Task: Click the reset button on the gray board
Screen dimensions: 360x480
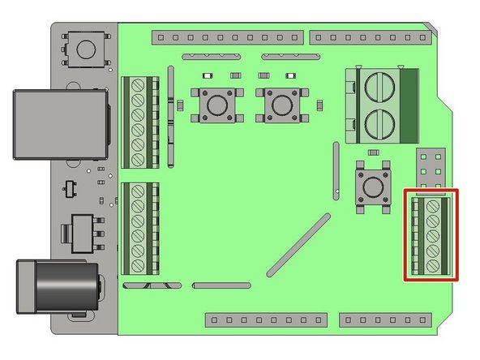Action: (85, 49)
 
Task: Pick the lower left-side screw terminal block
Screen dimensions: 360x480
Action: (139, 228)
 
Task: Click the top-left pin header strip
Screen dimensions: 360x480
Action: (228, 37)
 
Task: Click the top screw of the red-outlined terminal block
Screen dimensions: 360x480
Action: (433, 208)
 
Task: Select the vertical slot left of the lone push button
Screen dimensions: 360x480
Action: (336, 170)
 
